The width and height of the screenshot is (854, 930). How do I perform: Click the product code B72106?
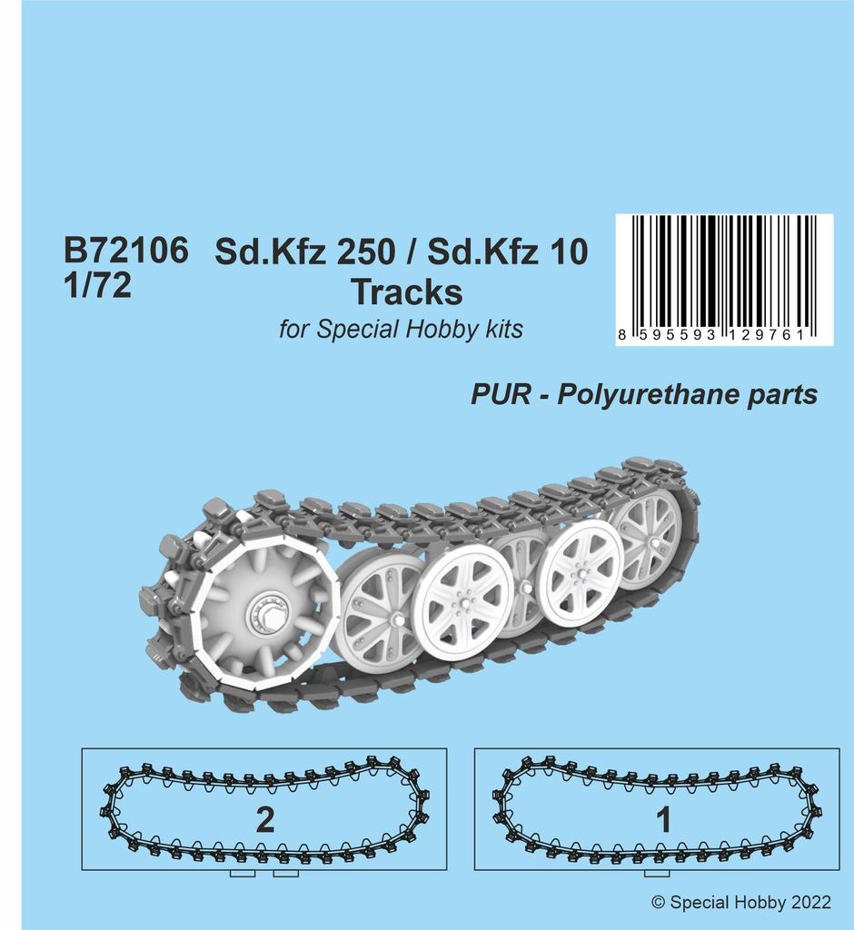point(126,252)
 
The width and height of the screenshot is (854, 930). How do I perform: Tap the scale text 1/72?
point(98,286)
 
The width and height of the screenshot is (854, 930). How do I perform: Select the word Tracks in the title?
point(406,292)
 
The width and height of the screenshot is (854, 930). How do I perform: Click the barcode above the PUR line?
point(723,270)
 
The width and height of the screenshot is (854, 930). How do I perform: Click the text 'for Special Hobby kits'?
point(401,329)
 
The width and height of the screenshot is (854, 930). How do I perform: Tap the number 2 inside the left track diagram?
point(264,820)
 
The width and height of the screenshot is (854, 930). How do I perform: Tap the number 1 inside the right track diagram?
point(664,820)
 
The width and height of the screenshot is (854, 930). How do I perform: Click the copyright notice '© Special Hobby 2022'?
point(741,903)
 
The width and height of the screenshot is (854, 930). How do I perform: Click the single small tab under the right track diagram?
point(651,874)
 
